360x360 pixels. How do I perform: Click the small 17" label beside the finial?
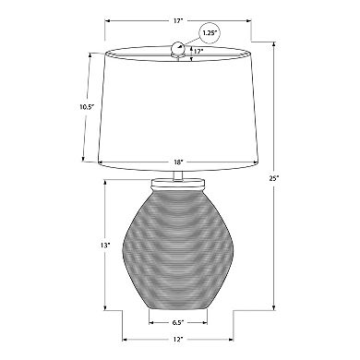tap(198, 51)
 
